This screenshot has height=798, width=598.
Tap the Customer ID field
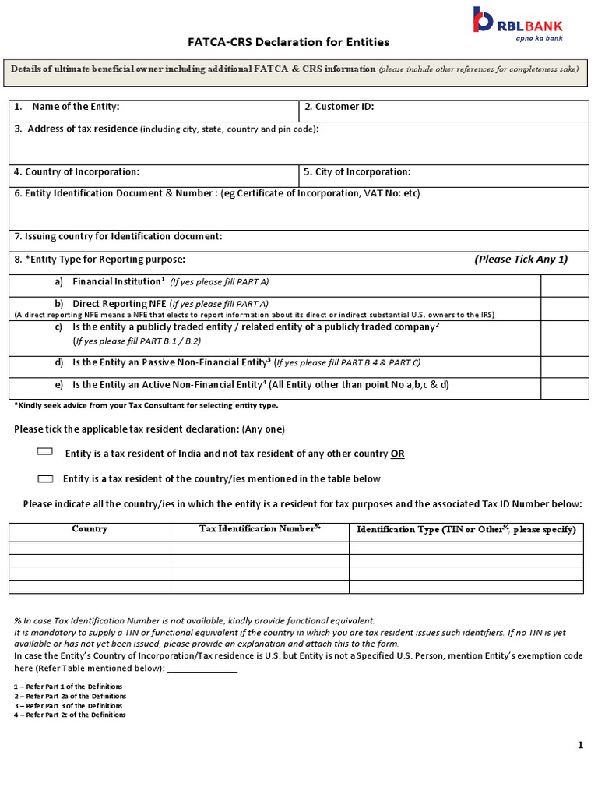(443, 111)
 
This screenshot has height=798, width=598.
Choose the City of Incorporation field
(443, 175)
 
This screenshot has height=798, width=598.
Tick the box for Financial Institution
(565, 285)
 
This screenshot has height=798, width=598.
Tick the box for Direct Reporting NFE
(565, 308)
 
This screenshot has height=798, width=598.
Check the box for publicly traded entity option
(565, 337)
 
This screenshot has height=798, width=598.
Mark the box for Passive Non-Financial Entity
(565, 367)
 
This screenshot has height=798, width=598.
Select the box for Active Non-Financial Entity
(565, 388)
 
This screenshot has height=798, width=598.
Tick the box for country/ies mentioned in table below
(45, 478)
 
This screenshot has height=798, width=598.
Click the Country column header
(90, 529)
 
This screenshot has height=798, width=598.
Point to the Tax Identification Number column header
(260, 529)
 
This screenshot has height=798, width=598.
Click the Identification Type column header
(466, 530)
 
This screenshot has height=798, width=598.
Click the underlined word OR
(398, 454)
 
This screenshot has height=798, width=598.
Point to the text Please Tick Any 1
(520, 260)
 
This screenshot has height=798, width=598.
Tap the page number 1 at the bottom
(580, 746)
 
